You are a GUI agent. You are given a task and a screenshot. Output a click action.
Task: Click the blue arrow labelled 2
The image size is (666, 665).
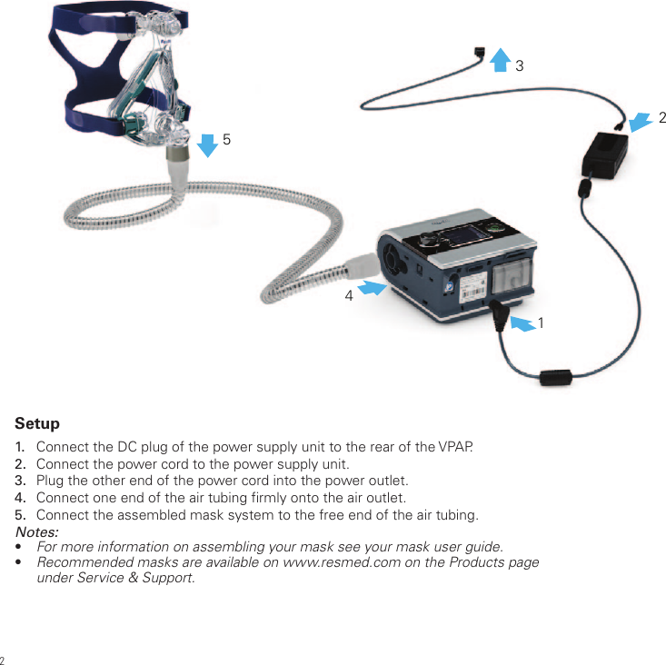[x=641, y=121]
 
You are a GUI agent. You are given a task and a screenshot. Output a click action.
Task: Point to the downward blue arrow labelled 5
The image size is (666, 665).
[x=208, y=144]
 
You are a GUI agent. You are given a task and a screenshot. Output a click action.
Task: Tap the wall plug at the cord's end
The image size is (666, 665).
[x=480, y=55]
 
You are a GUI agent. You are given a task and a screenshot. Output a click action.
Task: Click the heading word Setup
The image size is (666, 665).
[x=37, y=423]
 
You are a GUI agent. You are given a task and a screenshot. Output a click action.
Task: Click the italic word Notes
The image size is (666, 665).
[x=37, y=531]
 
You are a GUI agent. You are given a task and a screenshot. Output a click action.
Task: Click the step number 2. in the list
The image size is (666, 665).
[x=20, y=464]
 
